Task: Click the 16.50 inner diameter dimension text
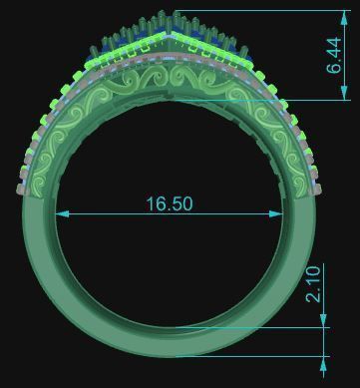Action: pos(169,203)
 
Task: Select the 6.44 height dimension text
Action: pos(333,57)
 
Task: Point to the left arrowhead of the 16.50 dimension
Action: pos(61,212)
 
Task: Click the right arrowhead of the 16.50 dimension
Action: pos(296,212)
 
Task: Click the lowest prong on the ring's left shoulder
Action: pos(22,187)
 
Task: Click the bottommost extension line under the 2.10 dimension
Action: pos(259,355)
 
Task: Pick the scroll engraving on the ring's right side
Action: pos(295,150)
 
